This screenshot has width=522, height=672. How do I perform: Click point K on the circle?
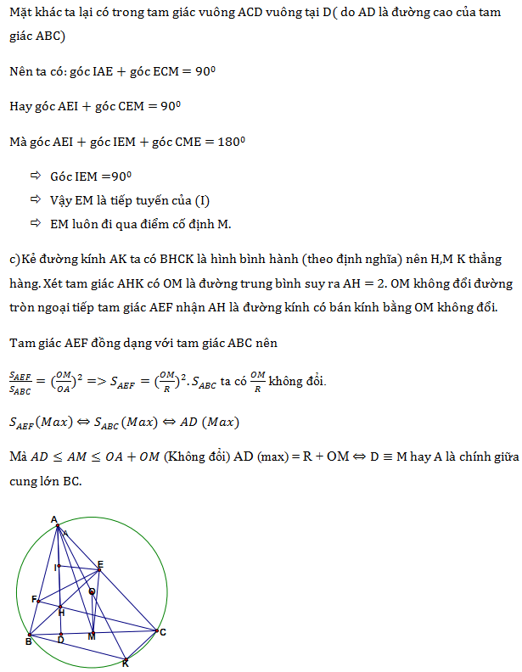click(125, 658)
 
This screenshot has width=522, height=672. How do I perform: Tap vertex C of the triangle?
click(157, 630)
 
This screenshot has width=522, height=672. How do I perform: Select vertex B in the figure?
click(30, 634)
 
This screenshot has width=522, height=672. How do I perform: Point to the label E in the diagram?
click(100, 563)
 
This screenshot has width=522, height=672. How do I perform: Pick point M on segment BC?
click(92, 632)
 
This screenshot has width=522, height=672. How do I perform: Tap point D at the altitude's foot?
click(60, 633)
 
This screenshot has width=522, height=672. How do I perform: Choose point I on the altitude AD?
click(59, 567)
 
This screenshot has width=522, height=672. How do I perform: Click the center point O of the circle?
click(92, 591)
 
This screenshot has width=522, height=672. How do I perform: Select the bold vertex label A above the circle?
click(53, 519)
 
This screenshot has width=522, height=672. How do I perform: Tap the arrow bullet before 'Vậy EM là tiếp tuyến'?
click(35, 199)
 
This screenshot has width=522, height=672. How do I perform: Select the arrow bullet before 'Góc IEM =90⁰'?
click(35, 176)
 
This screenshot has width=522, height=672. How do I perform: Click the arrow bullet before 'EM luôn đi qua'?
click(35, 223)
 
